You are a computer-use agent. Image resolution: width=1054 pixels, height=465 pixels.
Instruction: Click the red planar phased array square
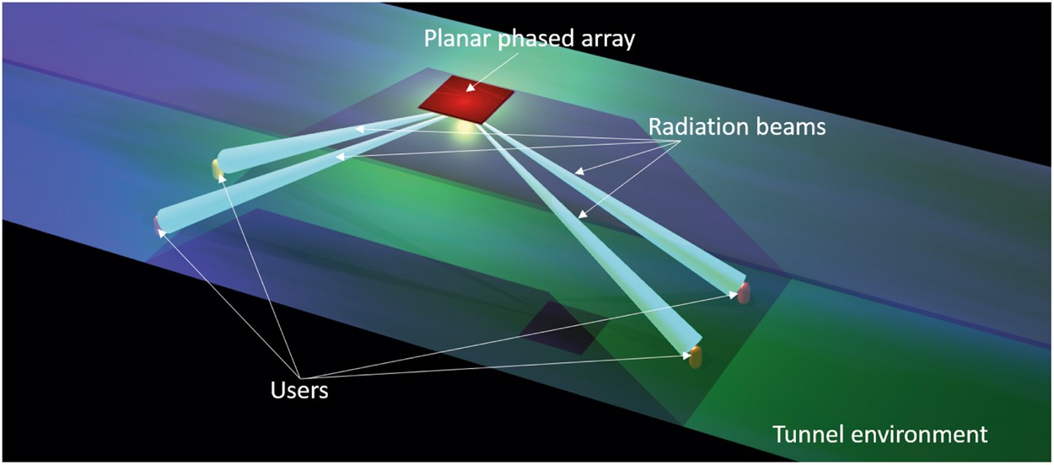point(465,99)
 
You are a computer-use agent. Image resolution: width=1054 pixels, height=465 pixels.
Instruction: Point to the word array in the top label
point(600,40)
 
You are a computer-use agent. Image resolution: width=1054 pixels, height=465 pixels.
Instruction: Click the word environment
point(926,435)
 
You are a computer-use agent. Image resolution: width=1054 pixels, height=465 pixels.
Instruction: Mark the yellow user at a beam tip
point(218,168)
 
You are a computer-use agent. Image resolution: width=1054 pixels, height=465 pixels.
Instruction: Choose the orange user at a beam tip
point(695,358)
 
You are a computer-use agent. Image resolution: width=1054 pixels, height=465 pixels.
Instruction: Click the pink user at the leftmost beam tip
point(158,223)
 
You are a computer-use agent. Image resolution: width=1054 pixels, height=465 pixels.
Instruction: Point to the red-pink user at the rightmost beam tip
point(744,292)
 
